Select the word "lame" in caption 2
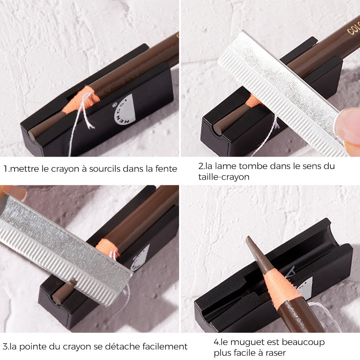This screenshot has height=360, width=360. click(220, 166)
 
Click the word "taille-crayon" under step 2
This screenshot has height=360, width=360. click(224, 177)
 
